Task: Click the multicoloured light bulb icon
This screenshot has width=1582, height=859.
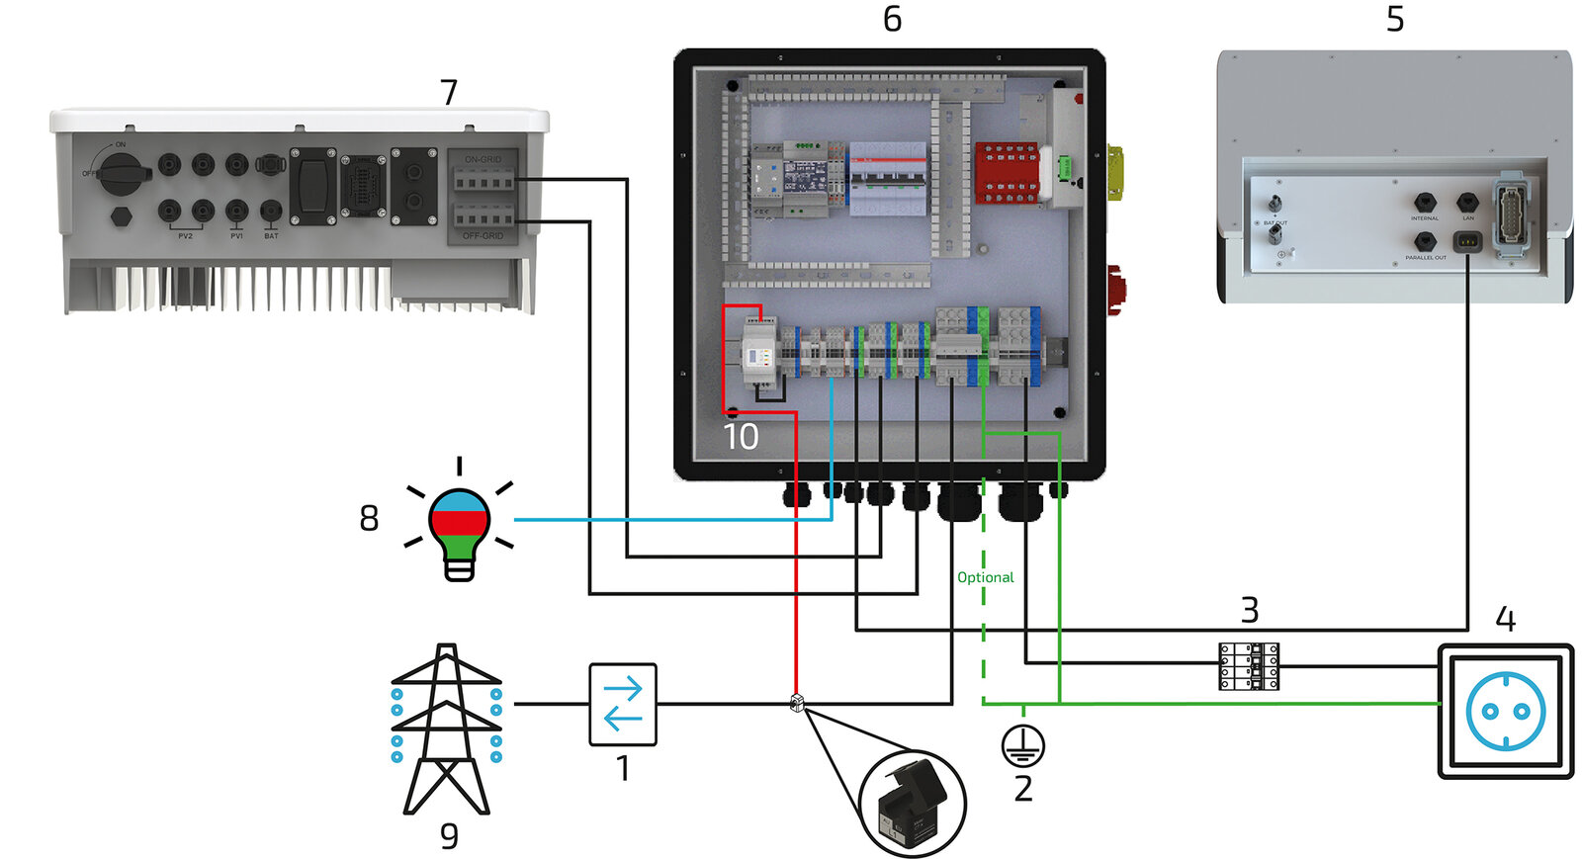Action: tap(459, 529)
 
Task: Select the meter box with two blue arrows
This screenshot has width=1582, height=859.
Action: tap(623, 704)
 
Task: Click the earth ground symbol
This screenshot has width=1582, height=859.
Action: tap(1022, 745)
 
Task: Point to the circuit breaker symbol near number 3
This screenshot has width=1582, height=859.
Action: tap(1249, 666)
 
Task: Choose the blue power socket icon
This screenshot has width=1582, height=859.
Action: tap(1505, 712)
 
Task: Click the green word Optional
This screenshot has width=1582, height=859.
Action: tap(985, 577)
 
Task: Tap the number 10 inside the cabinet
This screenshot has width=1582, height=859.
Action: tap(741, 436)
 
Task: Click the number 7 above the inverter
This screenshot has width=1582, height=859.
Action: tap(449, 92)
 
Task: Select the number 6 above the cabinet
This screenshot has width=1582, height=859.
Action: tap(892, 19)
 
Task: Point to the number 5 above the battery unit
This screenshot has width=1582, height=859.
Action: tap(1395, 19)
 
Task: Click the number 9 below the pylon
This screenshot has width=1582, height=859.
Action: tap(449, 835)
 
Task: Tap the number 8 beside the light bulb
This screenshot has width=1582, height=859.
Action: tap(369, 518)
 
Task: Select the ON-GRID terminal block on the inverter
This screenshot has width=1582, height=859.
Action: tap(483, 179)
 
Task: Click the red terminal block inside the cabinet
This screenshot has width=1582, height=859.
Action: tap(1007, 173)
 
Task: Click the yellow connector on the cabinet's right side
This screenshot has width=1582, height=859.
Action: tap(1115, 171)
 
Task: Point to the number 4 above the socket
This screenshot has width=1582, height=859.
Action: tap(1505, 620)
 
